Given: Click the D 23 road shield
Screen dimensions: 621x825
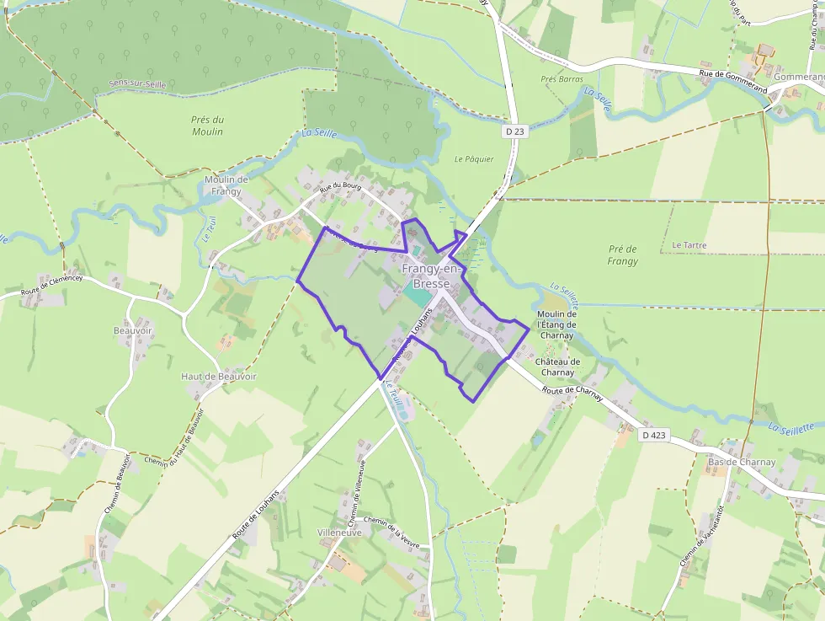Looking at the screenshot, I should [515, 131].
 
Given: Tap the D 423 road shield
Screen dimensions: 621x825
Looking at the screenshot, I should [653, 436].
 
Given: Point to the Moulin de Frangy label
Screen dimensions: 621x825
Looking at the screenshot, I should [226, 185].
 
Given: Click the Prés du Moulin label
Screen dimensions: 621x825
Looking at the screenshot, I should [207, 126].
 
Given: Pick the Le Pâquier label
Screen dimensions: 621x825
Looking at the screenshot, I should [474, 158].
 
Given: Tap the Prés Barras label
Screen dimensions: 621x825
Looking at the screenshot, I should [562, 79].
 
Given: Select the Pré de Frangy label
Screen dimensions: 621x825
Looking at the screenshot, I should [623, 255].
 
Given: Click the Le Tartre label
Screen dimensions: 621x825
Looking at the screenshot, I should [689, 245].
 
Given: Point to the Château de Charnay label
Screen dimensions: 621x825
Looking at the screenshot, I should [558, 367].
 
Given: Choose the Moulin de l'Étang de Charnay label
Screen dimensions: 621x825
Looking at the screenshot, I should [556, 324].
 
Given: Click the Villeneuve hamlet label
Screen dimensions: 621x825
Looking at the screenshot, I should [339, 533].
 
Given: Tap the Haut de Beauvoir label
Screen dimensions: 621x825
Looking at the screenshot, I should [219, 376].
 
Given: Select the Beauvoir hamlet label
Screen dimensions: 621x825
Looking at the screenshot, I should [133, 330].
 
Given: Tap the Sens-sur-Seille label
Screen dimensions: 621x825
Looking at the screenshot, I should [138, 84].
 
